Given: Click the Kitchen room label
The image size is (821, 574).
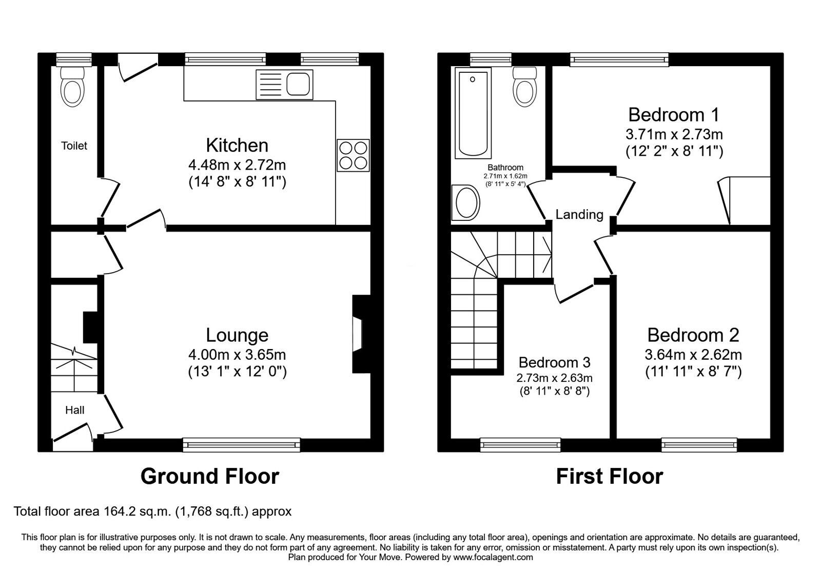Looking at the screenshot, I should (x=237, y=146).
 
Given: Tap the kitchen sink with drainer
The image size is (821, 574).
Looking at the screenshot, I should (x=284, y=85).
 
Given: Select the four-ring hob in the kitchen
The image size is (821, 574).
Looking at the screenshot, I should (x=353, y=155).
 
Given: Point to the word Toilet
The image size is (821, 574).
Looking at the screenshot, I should (x=74, y=146).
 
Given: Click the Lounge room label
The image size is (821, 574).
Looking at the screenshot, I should (x=237, y=335).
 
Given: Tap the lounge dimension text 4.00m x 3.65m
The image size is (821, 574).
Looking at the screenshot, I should (x=237, y=355).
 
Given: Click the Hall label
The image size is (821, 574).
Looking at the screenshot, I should (x=74, y=410).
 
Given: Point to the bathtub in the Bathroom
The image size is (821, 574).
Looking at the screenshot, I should (x=473, y=114).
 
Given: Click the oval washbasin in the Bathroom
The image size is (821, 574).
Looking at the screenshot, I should (x=466, y=202).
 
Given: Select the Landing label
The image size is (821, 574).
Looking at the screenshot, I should (x=579, y=214).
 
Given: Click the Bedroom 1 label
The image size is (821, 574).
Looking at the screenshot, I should (x=673, y=114).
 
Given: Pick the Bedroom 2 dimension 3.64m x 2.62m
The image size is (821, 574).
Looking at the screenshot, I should (x=693, y=355).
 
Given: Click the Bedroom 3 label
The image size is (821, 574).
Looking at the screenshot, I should (x=554, y=362).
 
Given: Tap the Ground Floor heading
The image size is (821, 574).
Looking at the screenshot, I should (x=209, y=476).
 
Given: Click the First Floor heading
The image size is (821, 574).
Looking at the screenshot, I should (x=609, y=476).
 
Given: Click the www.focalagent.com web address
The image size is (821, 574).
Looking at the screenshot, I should (x=493, y=557).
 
